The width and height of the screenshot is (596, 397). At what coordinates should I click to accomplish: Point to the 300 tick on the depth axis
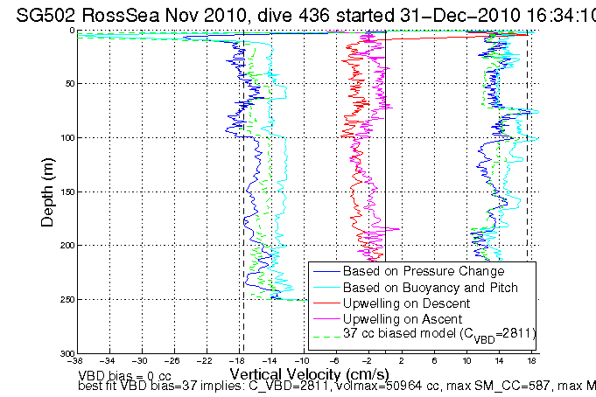(67, 353)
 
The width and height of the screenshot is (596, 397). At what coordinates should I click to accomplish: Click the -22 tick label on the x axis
(205, 360)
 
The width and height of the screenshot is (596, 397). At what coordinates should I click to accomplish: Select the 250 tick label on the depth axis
(67, 300)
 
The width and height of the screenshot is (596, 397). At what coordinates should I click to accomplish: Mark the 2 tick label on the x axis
(401, 360)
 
